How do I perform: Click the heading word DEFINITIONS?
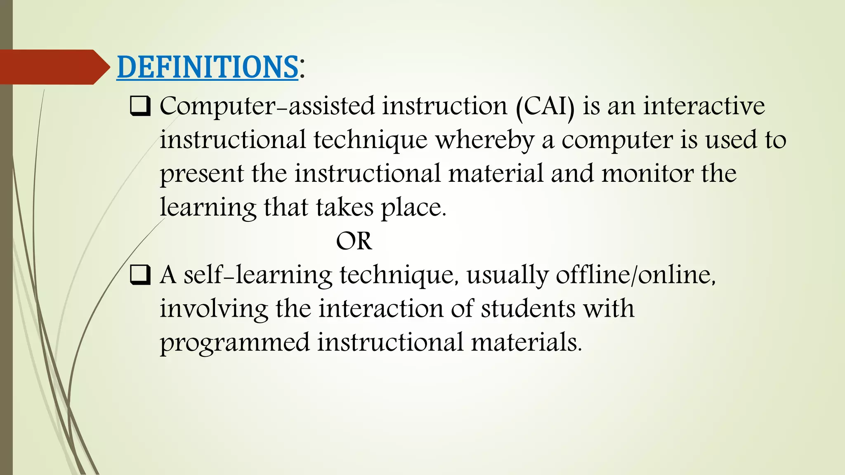tap(207, 67)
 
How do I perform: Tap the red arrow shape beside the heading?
tap(54, 67)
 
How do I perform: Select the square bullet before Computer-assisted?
tap(140, 106)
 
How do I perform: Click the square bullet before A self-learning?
tap(140, 275)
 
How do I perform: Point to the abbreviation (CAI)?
tap(545, 106)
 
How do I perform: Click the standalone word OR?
tap(354, 241)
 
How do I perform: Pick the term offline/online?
tap(635, 275)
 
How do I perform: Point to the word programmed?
tap(234, 343)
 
